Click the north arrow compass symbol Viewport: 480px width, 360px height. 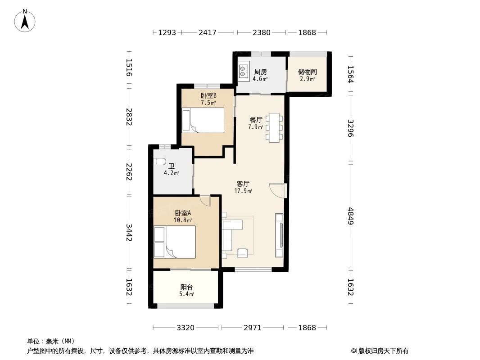pos(25,20)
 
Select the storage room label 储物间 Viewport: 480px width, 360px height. pos(307,72)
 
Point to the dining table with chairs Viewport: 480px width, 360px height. pos(275,128)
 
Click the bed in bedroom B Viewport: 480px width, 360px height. pos(203,120)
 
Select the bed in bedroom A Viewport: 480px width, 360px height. pos(175,242)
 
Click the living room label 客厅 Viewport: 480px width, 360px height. pos(243,184)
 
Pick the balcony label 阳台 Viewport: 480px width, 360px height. pos(187,287)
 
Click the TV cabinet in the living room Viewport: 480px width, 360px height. pos(280,234)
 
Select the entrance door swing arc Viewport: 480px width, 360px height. pos(277,190)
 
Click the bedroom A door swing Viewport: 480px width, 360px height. pos(205,200)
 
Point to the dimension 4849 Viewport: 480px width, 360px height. pos(351,216)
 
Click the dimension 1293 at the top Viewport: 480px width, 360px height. pos(167,32)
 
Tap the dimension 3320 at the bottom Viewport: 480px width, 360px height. pos(185,328)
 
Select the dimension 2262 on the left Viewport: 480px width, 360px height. pos(129,171)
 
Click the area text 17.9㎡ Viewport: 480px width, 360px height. pos(243,191)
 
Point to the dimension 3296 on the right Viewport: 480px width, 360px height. pos(351,128)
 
